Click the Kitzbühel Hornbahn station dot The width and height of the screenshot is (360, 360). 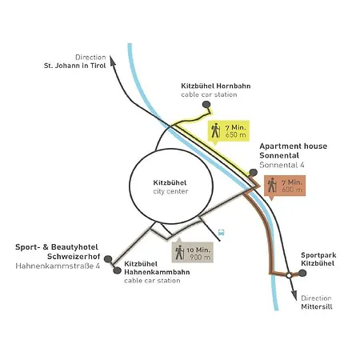point(206,105)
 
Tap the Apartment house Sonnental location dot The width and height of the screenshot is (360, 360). point(253,173)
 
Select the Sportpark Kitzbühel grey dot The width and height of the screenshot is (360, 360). point(302,273)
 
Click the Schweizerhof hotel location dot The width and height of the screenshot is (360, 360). point(108,259)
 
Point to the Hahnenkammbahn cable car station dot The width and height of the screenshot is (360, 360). point(117,270)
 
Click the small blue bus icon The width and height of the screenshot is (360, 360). point(221,233)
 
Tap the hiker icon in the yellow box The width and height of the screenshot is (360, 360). point(215,130)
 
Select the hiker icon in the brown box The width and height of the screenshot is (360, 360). point(272,185)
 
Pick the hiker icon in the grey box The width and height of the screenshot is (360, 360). point(180,252)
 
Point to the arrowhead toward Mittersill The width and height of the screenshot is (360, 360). point(294,295)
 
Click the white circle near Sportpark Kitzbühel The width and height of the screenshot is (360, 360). point(289,275)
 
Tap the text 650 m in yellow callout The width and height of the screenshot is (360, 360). point(235,135)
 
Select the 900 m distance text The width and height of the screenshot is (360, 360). point(200,258)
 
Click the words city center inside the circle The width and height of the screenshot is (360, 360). point(170,191)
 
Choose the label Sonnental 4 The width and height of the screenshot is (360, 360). point(282,165)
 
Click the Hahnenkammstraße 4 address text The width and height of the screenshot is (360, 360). point(58,266)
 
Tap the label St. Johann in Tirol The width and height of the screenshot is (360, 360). point(75,66)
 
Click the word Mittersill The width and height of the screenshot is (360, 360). point(317,306)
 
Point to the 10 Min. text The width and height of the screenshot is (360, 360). point(198,250)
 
